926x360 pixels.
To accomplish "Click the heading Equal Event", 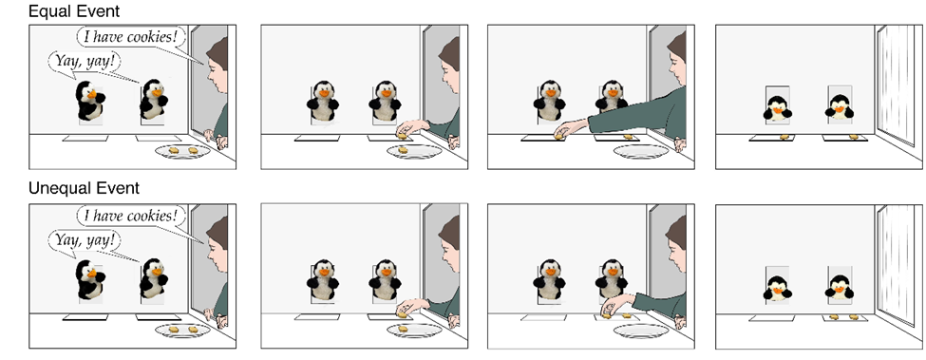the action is [x=74, y=10].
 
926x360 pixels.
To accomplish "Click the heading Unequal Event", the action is [x=84, y=188].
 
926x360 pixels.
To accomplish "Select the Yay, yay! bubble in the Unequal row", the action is [x=84, y=240].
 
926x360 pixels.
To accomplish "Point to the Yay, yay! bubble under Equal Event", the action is [x=84, y=61].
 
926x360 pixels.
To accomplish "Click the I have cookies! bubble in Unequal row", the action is [x=130, y=216].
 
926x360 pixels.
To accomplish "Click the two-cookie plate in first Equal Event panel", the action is [x=183, y=152].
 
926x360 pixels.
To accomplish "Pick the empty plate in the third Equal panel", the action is [x=641, y=152].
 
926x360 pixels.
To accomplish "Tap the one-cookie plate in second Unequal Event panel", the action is [x=415, y=330].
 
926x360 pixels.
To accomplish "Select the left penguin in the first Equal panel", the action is [x=90, y=101].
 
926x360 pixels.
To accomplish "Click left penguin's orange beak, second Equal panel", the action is [x=323, y=93].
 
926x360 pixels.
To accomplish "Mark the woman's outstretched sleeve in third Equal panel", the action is [x=638, y=112].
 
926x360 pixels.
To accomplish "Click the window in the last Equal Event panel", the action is [x=897, y=85].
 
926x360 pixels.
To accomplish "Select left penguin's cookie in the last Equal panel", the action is [x=784, y=137].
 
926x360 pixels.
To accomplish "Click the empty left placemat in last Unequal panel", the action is [x=771, y=317].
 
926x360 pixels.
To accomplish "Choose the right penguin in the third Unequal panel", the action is [x=612, y=278].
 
